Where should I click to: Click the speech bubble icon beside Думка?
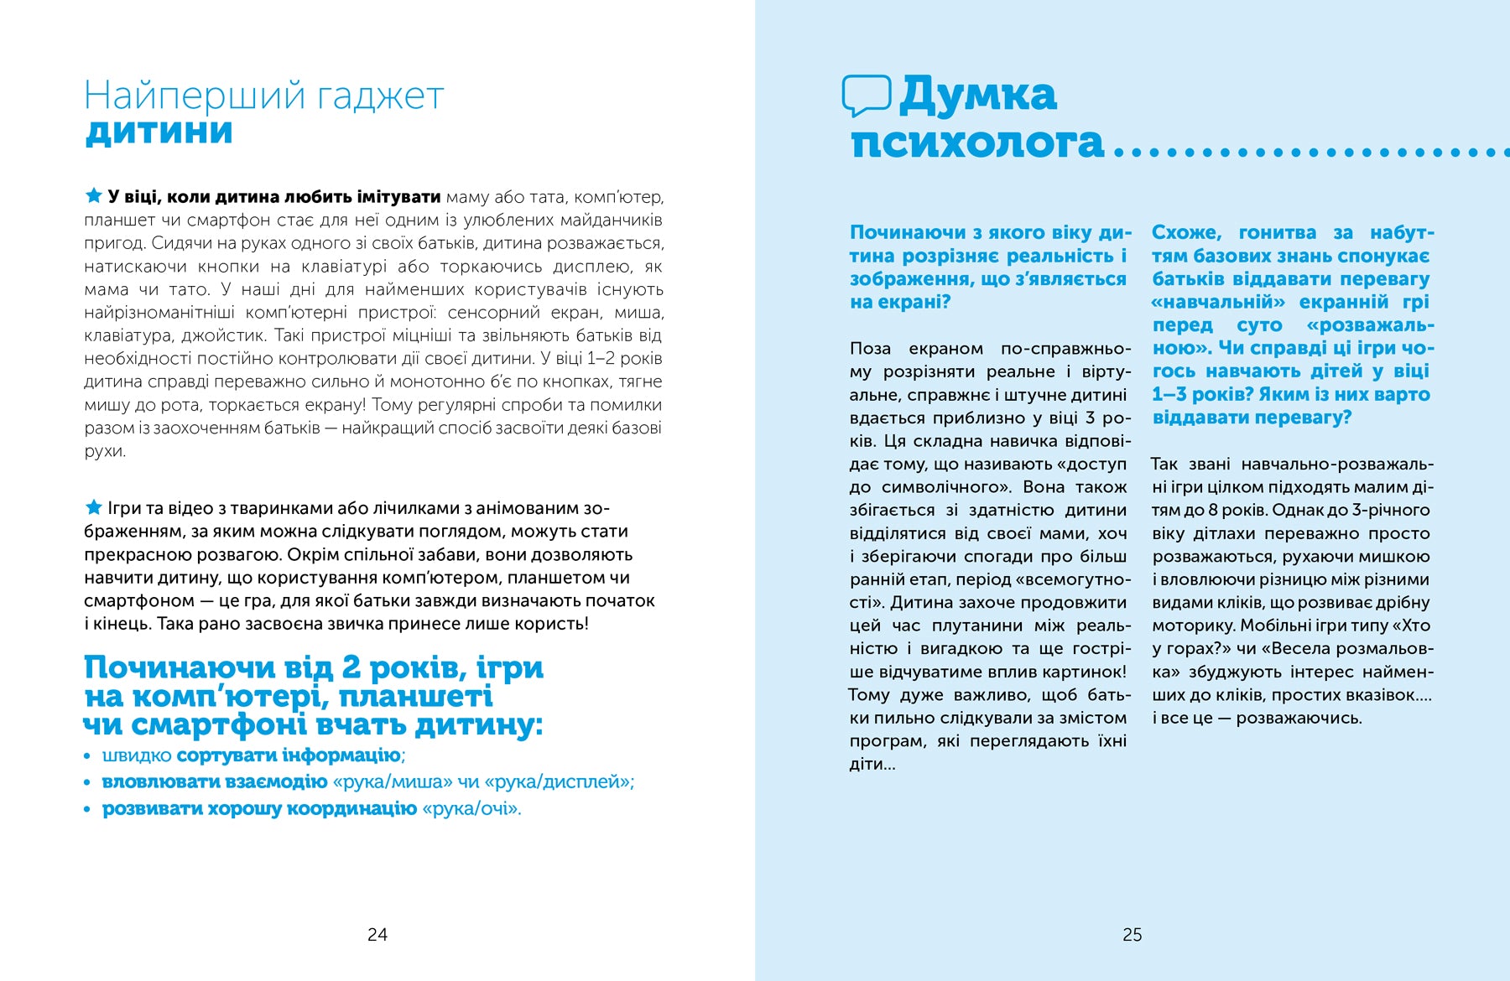pyautogui.click(x=866, y=96)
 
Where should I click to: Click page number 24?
pyautogui.click(x=377, y=934)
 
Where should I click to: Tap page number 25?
pyautogui.click(x=1132, y=934)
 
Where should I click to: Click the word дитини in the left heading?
pyautogui.click(x=159, y=132)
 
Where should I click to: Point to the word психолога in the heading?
pyautogui.click(x=977, y=143)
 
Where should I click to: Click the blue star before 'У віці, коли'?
pyautogui.click(x=94, y=196)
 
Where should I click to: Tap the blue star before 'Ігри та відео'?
pyautogui.click(x=94, y=507)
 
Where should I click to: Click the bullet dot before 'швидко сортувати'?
pyautogui.click(x=87, y=756)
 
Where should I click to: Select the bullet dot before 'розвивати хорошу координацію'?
pyautogui.click(x=87, y=810)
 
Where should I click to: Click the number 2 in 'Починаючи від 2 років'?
pyautogui.click(x=351, y=667)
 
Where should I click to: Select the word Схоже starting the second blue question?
pyautogui.click(x=1185, y=232)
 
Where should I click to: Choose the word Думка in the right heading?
pyautogui.click(x=978, y=95)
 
